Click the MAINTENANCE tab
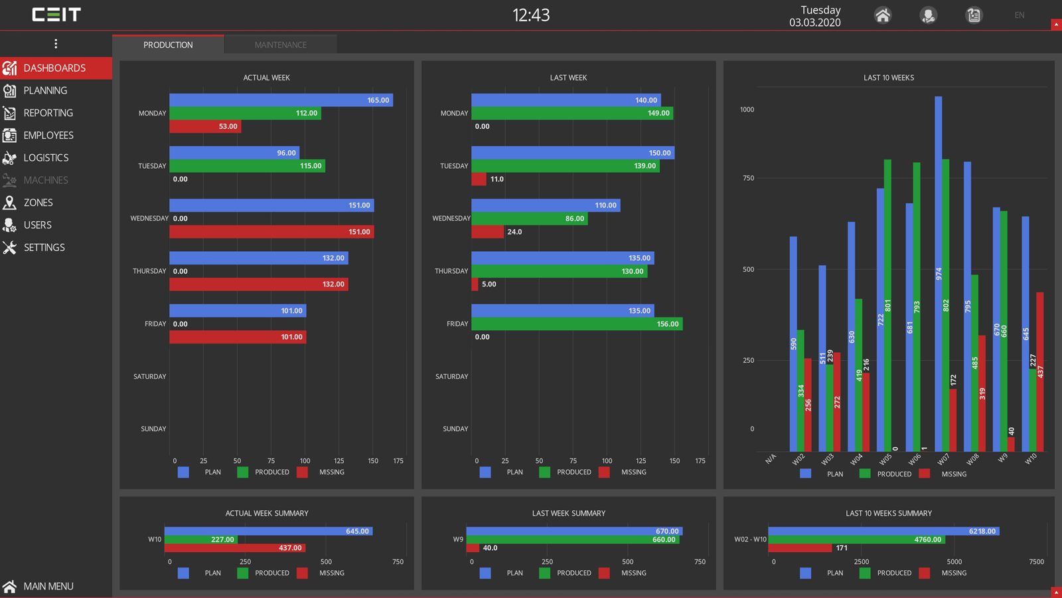pos(280,45)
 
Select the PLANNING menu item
pos(45,90)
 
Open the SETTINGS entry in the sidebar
pos(44,247)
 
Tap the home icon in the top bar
pos(882,15)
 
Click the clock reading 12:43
pos(531,15)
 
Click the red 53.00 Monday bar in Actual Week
pos(205,126)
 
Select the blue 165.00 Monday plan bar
pos(281,100)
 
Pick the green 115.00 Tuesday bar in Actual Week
pos(247,166)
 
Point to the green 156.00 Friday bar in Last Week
pos(576,324)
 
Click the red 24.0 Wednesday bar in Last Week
pos(488,232)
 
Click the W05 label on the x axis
pos(885,459)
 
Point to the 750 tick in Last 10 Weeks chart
pos(748,178)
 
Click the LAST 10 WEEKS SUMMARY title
pos(888,513)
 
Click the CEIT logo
pos(56,15)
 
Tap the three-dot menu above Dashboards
pos(56,44)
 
